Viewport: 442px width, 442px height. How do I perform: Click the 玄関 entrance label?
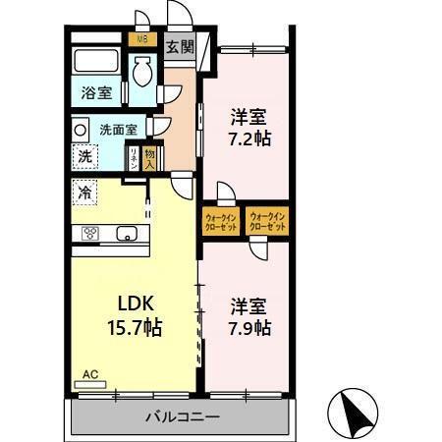[x=179, y=46]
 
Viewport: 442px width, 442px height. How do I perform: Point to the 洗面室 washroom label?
[x=118, y=128]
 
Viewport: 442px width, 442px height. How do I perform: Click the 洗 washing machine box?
[x=85, y=155]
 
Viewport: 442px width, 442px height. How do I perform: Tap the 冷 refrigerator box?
[x=85, y=193]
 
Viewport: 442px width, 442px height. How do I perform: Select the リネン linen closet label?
[x=135, y=157]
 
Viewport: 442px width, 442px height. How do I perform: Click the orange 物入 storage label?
[x=149, y=157]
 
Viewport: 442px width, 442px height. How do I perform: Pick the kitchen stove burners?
[x=89, y=234]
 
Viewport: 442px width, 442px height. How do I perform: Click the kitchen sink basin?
[x=127, y=234]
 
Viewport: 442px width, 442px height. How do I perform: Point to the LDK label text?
[x=138, y=302]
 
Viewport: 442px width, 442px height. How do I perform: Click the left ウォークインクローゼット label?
[x=221, y=221]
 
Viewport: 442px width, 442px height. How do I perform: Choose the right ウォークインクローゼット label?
[x=267, y=221]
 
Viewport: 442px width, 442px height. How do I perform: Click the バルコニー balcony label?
[x=184, y=416]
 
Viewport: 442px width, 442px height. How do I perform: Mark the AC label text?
[x=90, y=374]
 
